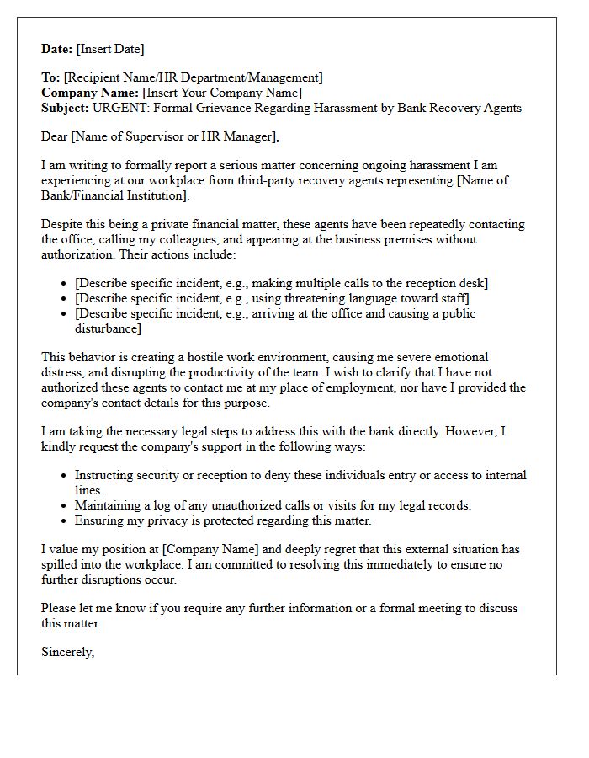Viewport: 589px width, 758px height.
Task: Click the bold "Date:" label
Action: pyautogui.click(x=57, y=49)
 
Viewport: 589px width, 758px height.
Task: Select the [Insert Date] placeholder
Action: pyautogui.click(x=110, y=49)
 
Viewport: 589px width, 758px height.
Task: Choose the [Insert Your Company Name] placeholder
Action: pyautogui.click(x=222, y=93)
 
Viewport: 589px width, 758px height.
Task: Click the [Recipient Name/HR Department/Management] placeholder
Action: pyautogui.click(x=193, y=77)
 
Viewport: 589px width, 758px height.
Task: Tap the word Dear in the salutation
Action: pyautogui.click(x=55, y=136)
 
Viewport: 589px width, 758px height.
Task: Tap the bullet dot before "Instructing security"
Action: pyautogui.click(x=65, y=476)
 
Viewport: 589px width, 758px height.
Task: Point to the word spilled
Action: pyautogui.click(x=61, y=564)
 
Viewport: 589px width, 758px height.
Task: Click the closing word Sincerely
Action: pyautogui.click(x=67, y=652)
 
